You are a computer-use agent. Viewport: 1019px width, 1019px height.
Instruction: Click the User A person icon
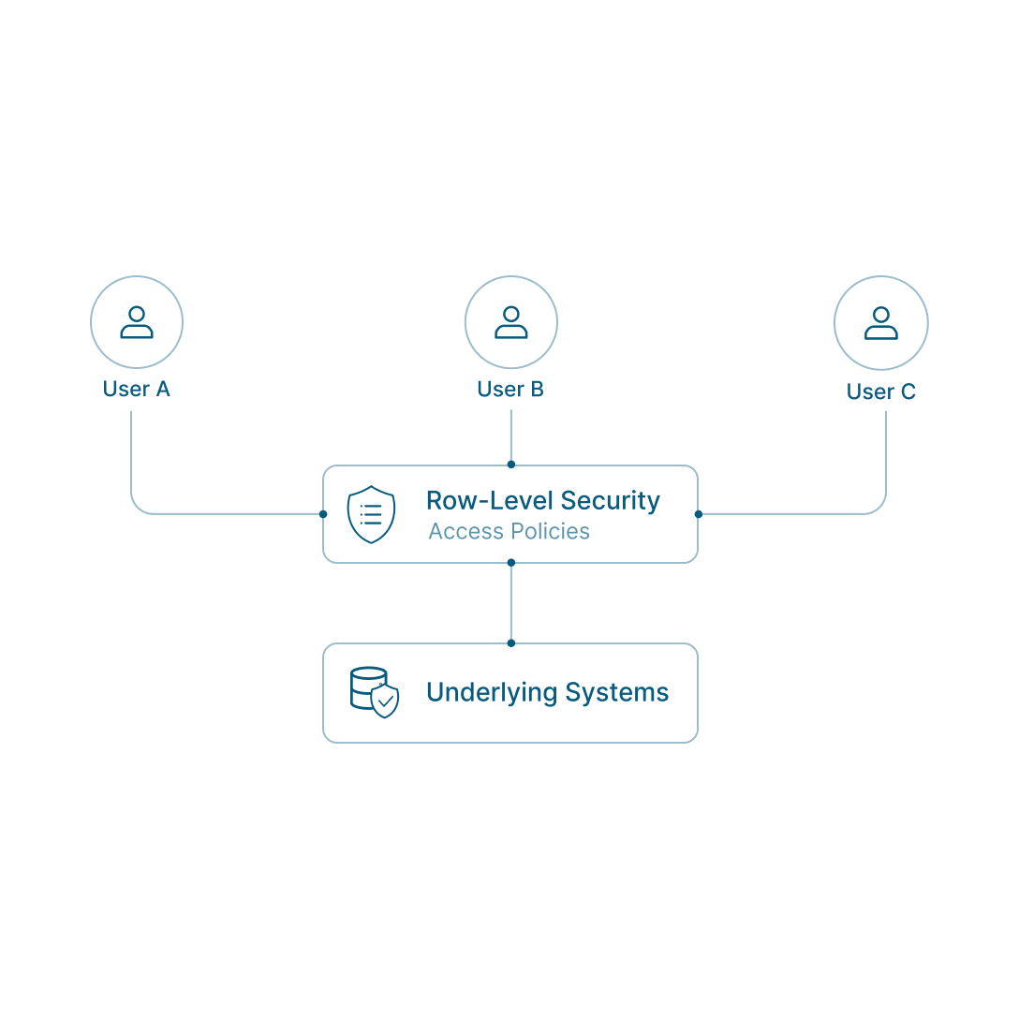137,322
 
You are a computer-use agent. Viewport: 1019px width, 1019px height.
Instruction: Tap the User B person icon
511,322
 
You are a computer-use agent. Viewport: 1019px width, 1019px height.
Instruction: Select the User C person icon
881,323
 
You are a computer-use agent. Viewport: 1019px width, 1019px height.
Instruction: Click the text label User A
137,389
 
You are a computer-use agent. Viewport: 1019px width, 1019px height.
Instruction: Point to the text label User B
510,389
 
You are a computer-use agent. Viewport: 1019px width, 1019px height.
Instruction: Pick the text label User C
881,391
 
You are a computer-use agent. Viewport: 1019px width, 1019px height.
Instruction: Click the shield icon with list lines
371,513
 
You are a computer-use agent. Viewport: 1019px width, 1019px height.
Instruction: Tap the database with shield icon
375,692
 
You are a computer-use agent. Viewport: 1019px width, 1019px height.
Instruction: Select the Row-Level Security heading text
543,500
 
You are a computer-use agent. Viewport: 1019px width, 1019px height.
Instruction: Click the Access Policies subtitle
509,531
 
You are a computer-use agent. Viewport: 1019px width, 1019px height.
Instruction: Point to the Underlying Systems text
547,692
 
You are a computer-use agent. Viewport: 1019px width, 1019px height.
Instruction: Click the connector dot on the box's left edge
323,514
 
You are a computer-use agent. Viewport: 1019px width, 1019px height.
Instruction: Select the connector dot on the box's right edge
698,514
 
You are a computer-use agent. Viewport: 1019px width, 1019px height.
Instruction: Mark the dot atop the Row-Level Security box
510,465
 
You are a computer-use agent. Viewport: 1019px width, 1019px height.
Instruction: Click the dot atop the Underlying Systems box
510,643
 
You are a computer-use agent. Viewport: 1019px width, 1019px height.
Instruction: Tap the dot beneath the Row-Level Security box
510,563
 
